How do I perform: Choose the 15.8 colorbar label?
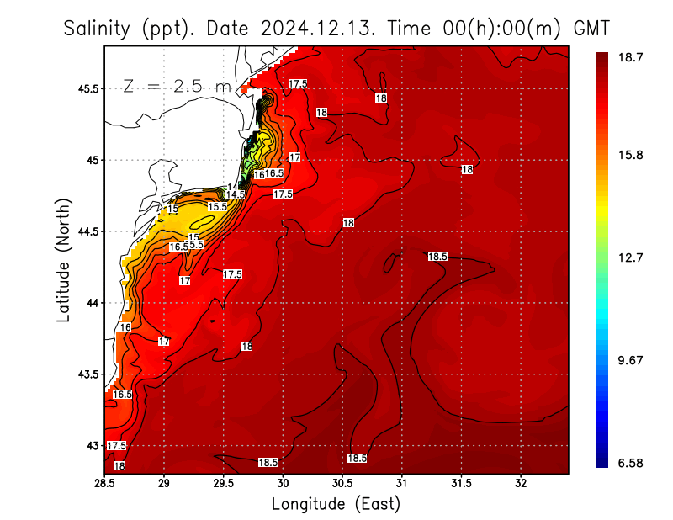pos(631,156)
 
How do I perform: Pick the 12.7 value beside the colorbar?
pos(631,258)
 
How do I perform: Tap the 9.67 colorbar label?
pos(631,360)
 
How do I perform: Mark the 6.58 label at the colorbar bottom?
pos(631,462)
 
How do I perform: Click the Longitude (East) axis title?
pos(336,504)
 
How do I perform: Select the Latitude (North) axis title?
pos(63,260)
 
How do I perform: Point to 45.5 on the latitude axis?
pos(87,88)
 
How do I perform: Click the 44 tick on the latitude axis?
pos(93,303)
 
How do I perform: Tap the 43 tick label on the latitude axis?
pos(93,445)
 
